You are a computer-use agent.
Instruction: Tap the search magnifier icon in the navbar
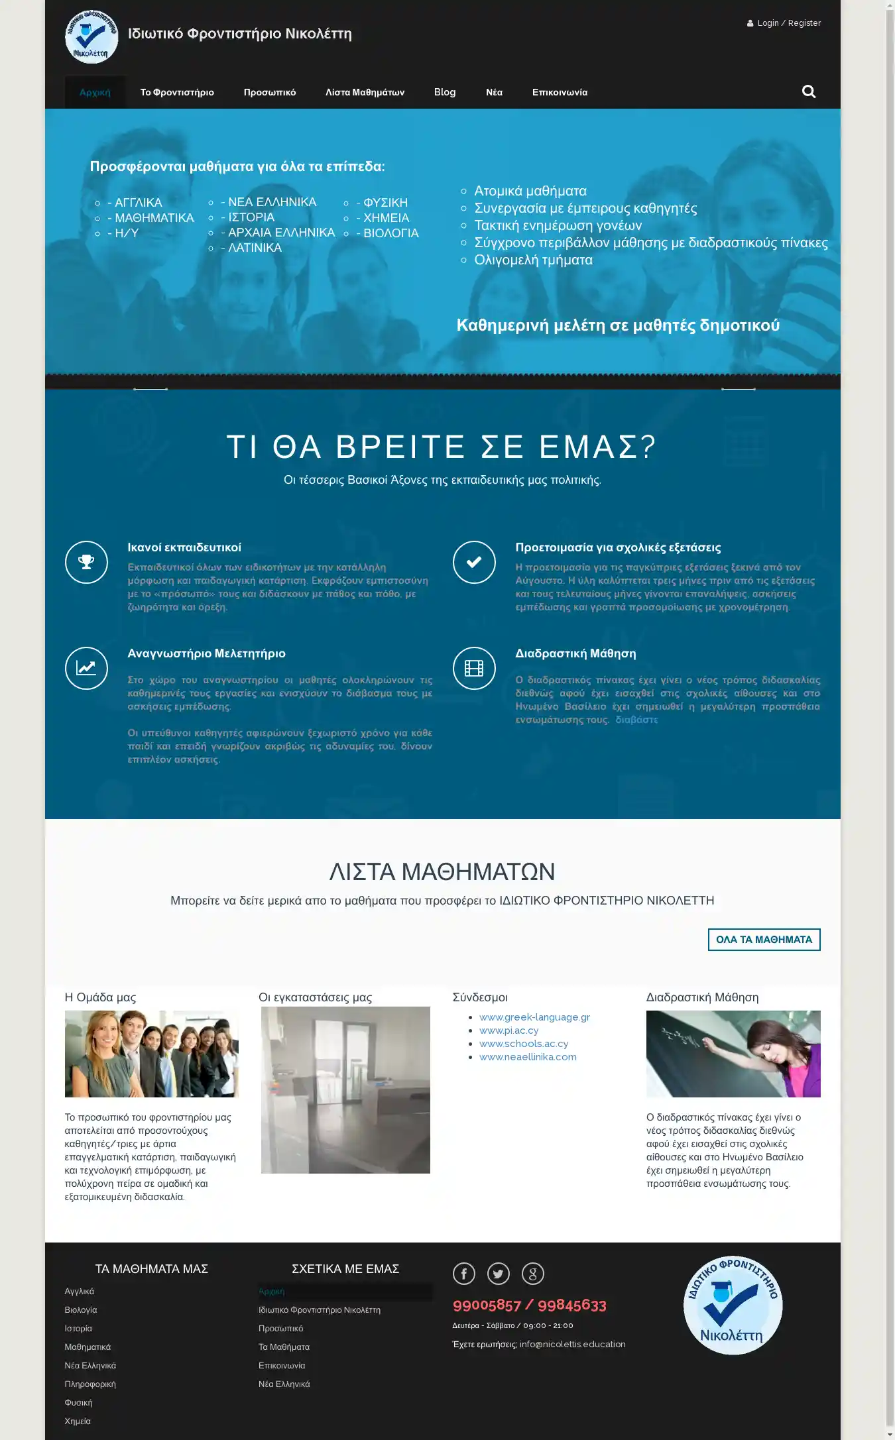point(809,91)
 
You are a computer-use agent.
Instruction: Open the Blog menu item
point(444,92)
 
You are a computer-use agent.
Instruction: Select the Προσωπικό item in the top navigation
point(269,92)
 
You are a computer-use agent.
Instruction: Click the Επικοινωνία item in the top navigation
point(560,92)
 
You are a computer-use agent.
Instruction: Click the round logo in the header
point(91,36)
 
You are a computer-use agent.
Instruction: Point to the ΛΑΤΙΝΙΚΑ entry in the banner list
point(255,248)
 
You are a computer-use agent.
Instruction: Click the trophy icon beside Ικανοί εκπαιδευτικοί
point(86,562)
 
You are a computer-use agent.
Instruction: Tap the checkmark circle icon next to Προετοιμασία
point(474,562)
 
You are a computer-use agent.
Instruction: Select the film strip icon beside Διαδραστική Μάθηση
point(474,668)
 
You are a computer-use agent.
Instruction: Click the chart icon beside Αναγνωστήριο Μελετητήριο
point(86,668)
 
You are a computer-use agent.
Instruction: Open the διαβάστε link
point(636,720)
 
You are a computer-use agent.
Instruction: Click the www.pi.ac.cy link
point(508,1030)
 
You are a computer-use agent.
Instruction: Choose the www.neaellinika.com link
point(528,1057)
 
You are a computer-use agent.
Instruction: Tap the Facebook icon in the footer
point(464,1273)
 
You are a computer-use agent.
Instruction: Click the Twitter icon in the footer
point(499,1273)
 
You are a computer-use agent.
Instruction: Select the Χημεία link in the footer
point(78,1421)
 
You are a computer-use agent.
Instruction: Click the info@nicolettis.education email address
point(572,1344)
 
